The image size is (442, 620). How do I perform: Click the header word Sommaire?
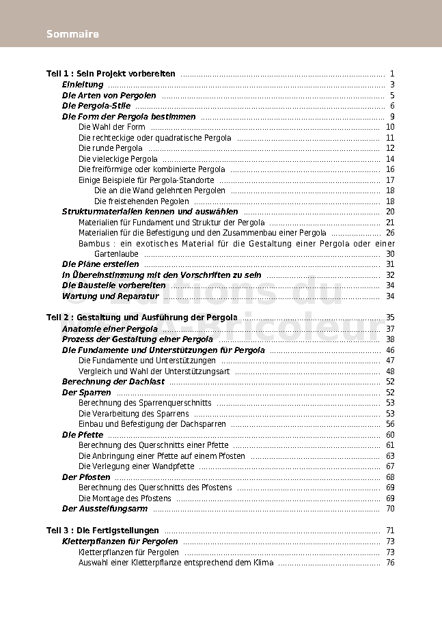tap(72, 34)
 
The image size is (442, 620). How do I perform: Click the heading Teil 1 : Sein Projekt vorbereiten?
tap(111, 74)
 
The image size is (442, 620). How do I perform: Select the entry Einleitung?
tap(83, 85)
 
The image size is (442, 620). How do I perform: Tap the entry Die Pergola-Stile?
tap(96, 106)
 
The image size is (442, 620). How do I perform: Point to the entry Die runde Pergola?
tap(111, 148)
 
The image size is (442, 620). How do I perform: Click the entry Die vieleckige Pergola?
tap(118, 159)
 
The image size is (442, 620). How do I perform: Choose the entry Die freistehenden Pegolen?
tap(141, 201)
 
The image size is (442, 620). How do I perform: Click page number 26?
tap(390, 233)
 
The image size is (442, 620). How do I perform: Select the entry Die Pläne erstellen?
tap(100, 264)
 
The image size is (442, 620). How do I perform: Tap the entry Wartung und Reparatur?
tap(110, 296)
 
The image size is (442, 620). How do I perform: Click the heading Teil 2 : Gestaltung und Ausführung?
tap(142, 318)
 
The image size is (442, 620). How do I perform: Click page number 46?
tap(390, 350)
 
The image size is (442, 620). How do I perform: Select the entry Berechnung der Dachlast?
tap(113, 382)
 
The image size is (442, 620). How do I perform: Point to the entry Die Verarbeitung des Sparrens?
tap(134, 414)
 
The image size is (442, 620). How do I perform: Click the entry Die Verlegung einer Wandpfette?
tap(137, 466)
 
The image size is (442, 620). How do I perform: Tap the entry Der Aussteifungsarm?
tap(105, 509)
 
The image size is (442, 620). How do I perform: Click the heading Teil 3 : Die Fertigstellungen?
tap(102, 531)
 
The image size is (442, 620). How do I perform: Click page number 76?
tap(390, 563)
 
